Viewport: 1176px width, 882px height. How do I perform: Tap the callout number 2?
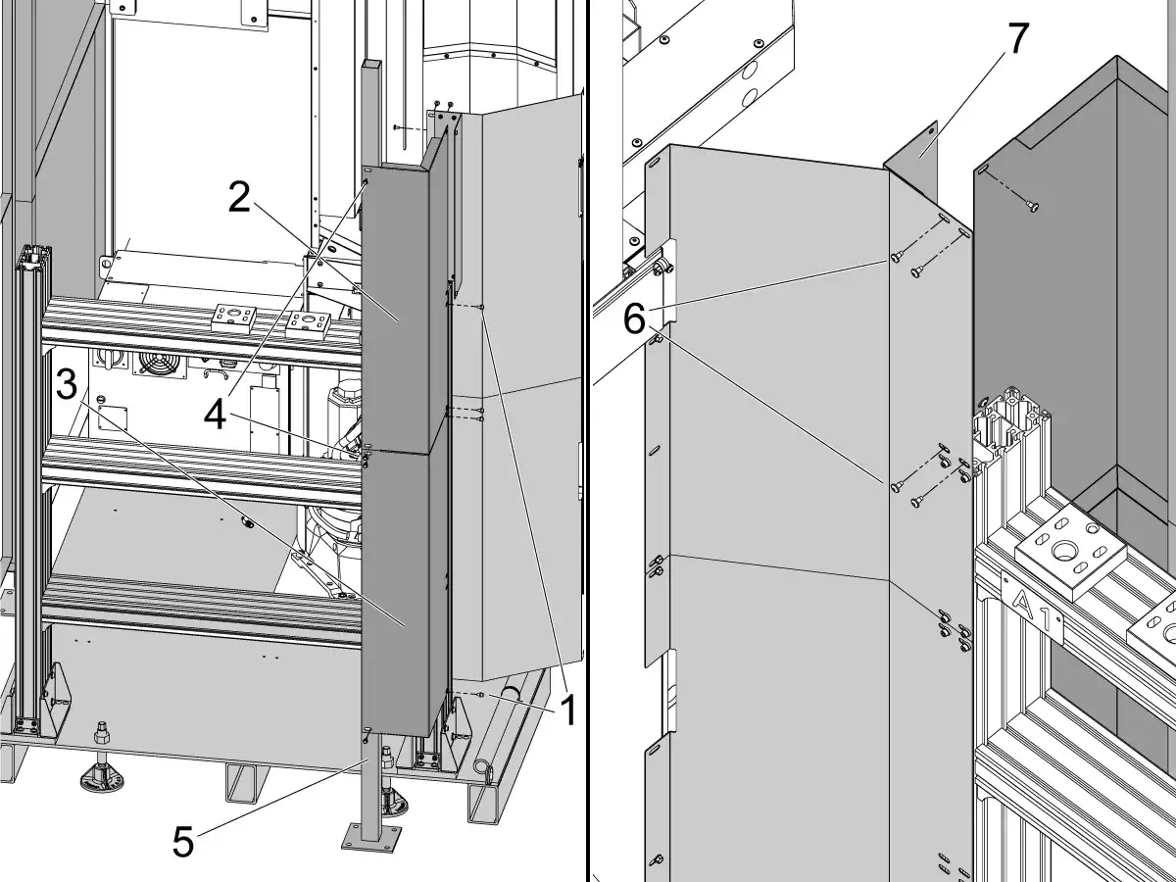point(239,198)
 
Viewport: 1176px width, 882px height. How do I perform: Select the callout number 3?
point(67,385)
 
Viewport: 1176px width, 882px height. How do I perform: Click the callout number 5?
point(182,841)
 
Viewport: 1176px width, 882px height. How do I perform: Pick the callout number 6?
point(634,319)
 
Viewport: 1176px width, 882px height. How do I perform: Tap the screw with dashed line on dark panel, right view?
point(1032,206)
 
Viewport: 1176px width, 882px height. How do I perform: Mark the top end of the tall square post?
point(371,63)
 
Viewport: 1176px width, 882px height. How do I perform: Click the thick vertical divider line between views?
point(588,441)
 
